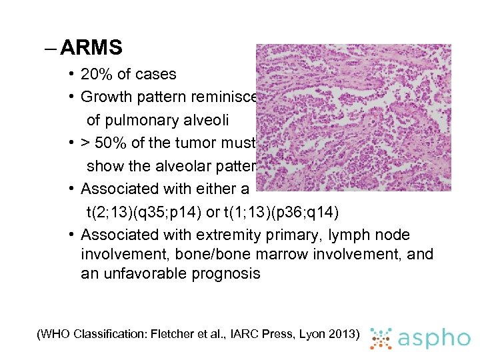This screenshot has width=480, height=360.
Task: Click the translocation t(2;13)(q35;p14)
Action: pos(139,212)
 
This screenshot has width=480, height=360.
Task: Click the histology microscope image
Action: pos(353,117)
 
